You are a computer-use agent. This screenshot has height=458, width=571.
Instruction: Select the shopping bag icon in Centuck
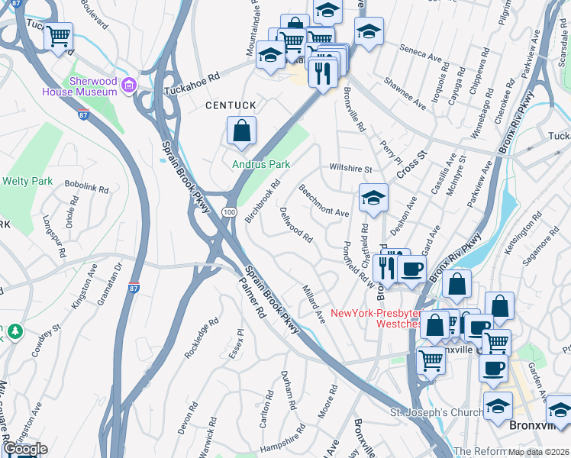pyautogui.click(x=241, y=131)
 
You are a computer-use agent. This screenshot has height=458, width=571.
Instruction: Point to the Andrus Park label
pyautogui.click(x=262, y=164)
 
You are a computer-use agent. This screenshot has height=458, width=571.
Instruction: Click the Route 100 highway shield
pyautogui.click(x=228, y=220)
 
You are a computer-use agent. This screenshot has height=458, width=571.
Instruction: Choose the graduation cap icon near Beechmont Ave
pyautogui.click(x=373, y=197)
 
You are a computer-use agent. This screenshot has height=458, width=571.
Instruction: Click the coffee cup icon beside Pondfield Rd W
pyautogui.click(x=411, y=269)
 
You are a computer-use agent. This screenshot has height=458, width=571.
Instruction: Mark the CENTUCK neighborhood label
pyautogui.click(x=228, y=105)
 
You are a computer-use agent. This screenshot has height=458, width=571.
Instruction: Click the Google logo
pyautogui.click(x=24, y=449)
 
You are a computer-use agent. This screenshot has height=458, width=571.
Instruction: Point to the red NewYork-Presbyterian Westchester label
pyautogui.click(x=376, y=318)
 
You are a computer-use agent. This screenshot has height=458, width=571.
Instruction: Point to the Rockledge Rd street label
pyautogui.click(x=196, y=340)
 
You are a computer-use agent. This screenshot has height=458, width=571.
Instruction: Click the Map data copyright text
pyautogui.click(x=534, y=452)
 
